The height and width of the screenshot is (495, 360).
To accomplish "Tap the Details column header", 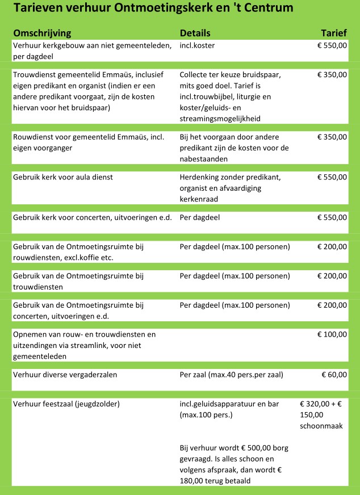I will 195,33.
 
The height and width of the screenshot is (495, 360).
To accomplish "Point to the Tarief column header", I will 334,33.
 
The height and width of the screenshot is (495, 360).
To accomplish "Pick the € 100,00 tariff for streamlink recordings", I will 332,334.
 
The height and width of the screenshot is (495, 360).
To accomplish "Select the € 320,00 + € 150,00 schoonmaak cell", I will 321,414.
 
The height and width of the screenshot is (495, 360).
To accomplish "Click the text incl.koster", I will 197,45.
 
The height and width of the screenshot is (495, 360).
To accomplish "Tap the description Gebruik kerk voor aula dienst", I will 63,177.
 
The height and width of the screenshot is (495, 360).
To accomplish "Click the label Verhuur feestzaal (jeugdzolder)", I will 66,404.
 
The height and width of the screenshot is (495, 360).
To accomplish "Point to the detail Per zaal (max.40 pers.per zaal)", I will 231,374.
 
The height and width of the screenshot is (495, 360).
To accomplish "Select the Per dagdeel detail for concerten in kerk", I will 199,217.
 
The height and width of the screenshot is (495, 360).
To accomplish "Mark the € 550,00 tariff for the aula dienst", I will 332,177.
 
